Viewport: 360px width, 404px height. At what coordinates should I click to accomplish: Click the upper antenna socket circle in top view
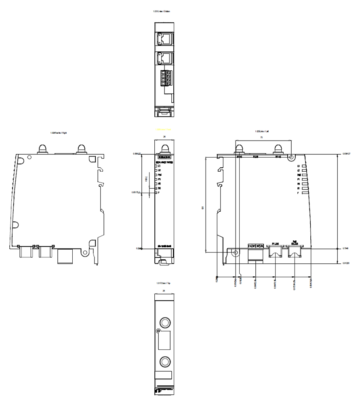click(x=164, y=322)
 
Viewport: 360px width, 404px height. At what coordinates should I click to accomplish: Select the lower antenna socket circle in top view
click(x=164, y=361)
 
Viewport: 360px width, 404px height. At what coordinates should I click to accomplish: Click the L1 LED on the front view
click(x=157, y=166)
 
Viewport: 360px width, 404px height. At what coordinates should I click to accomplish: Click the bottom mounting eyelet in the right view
click(x=85, y=253)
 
